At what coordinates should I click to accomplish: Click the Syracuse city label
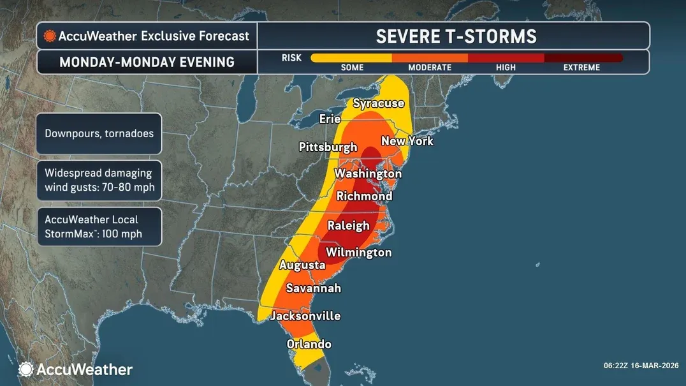pos(379,103)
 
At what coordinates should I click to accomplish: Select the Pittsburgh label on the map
pos(328,147)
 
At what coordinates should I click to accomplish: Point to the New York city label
pos(407,141)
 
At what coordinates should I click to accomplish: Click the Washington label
pos(368,174)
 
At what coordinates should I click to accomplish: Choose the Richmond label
pos(364,197)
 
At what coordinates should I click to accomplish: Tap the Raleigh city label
pos(348,225)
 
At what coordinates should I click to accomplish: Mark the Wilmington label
pos(358,253)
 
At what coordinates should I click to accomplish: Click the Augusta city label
pos(302,265)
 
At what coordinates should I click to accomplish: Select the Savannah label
pos(313,288)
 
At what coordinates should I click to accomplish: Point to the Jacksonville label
pos(305,316)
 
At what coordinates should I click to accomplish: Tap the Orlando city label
pos(309,344)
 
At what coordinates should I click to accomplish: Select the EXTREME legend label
pos(581,68)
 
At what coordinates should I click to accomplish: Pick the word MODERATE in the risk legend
pos(429,68)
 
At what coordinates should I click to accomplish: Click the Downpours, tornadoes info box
pos(99,134)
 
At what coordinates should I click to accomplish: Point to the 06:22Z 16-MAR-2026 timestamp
pos(641,366)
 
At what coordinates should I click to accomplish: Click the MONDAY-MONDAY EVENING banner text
pos(147,63)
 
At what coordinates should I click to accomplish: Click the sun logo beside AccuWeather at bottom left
pos(26,369)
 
